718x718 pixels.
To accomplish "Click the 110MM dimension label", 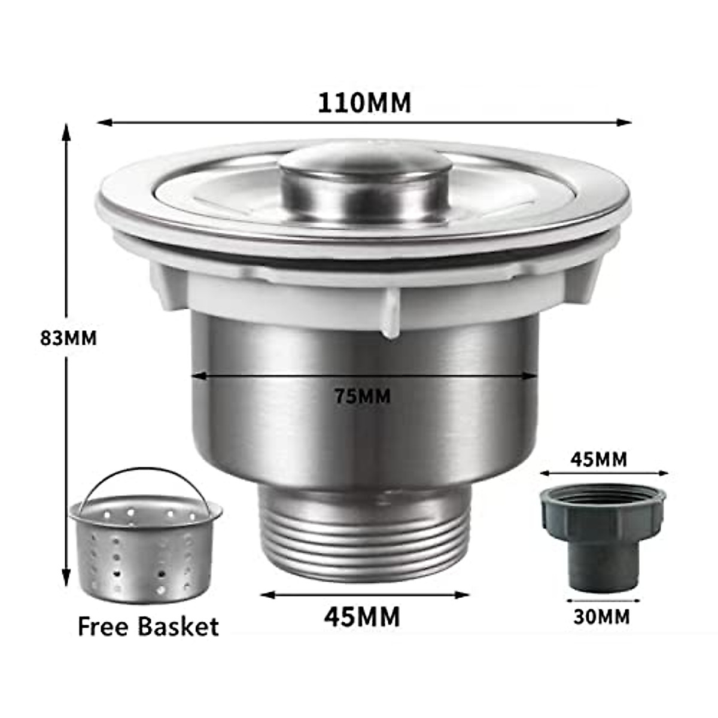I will point(364,103).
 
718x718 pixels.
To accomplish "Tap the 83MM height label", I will point(68,338).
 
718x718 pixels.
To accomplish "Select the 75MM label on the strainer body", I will point(363,396).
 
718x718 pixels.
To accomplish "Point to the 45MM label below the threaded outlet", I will point(362,616).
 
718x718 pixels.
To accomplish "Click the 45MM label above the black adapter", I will point(599,460).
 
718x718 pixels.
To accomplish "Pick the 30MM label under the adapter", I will point(601,616).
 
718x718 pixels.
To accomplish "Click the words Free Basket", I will point(148,626).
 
